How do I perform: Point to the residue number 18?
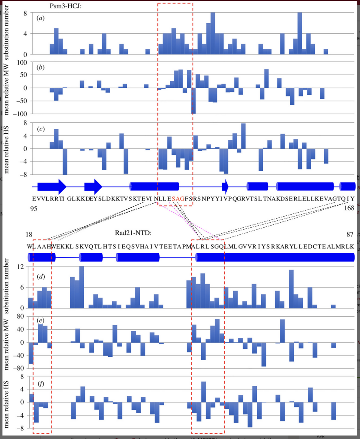click(x=29, y=235)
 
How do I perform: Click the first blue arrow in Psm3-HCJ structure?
click(x=52, y=186)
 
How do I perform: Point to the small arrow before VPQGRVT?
click(x=225, y=186)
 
